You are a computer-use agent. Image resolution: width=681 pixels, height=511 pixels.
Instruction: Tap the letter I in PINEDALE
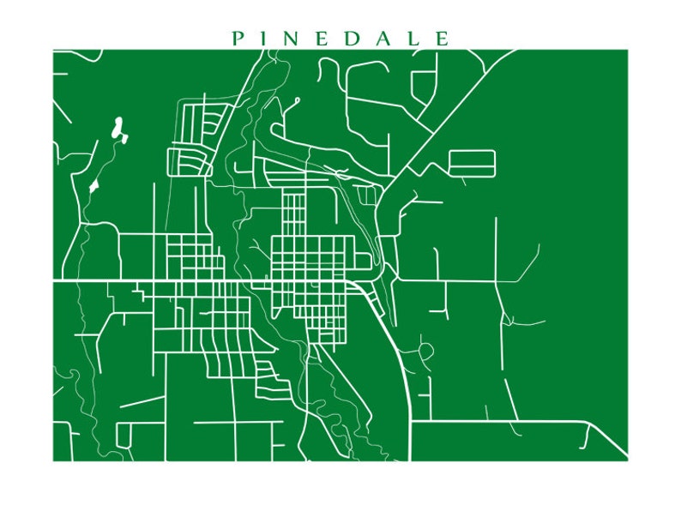[266, 39]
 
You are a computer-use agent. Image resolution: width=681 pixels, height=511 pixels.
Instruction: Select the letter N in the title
[295, 39]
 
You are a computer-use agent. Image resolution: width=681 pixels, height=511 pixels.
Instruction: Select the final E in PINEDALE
[442, 39]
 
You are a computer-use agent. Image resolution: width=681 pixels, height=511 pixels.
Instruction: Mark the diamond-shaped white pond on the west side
[93, 185]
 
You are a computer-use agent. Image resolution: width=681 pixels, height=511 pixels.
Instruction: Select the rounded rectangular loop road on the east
[472, 164]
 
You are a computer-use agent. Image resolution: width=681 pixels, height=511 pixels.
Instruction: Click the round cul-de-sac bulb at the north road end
[297, 100]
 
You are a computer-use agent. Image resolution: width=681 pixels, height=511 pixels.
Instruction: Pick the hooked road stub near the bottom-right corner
[586, 436]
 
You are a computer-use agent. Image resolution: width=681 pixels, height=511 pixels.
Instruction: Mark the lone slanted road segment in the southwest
[142, 401]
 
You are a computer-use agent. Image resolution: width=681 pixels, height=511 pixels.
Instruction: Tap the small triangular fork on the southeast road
[508, 321]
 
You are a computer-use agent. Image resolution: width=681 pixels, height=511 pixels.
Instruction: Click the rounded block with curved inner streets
[189, 161]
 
